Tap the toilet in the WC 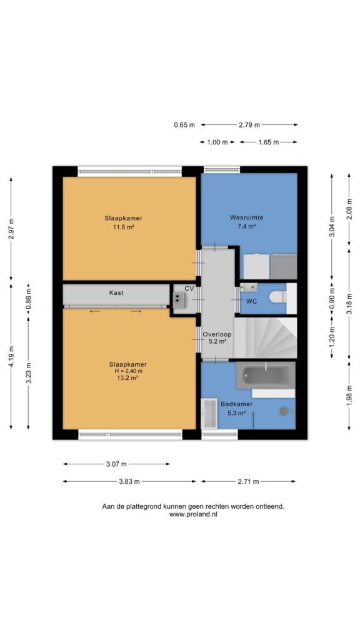click(x=279, y=297)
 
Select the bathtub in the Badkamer click(x=265, y=375)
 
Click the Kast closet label click(x=116, y=292)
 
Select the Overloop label click(x=217, y=334)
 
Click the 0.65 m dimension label click(x=184, y=125)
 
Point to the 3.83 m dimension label click(x=129, y=482)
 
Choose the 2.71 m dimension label click(x=248, y=482)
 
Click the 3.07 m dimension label click(x=116, y=464)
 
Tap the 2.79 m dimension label click(x=249, y=125)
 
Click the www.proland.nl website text click(x=193, y=515)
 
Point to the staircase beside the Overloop click(x=266, y=338)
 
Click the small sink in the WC click(x=249, y=287)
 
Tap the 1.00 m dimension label click(x=217, y=142)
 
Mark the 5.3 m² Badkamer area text click(x=236, y=412)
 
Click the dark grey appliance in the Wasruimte click(x=284, y=266)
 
